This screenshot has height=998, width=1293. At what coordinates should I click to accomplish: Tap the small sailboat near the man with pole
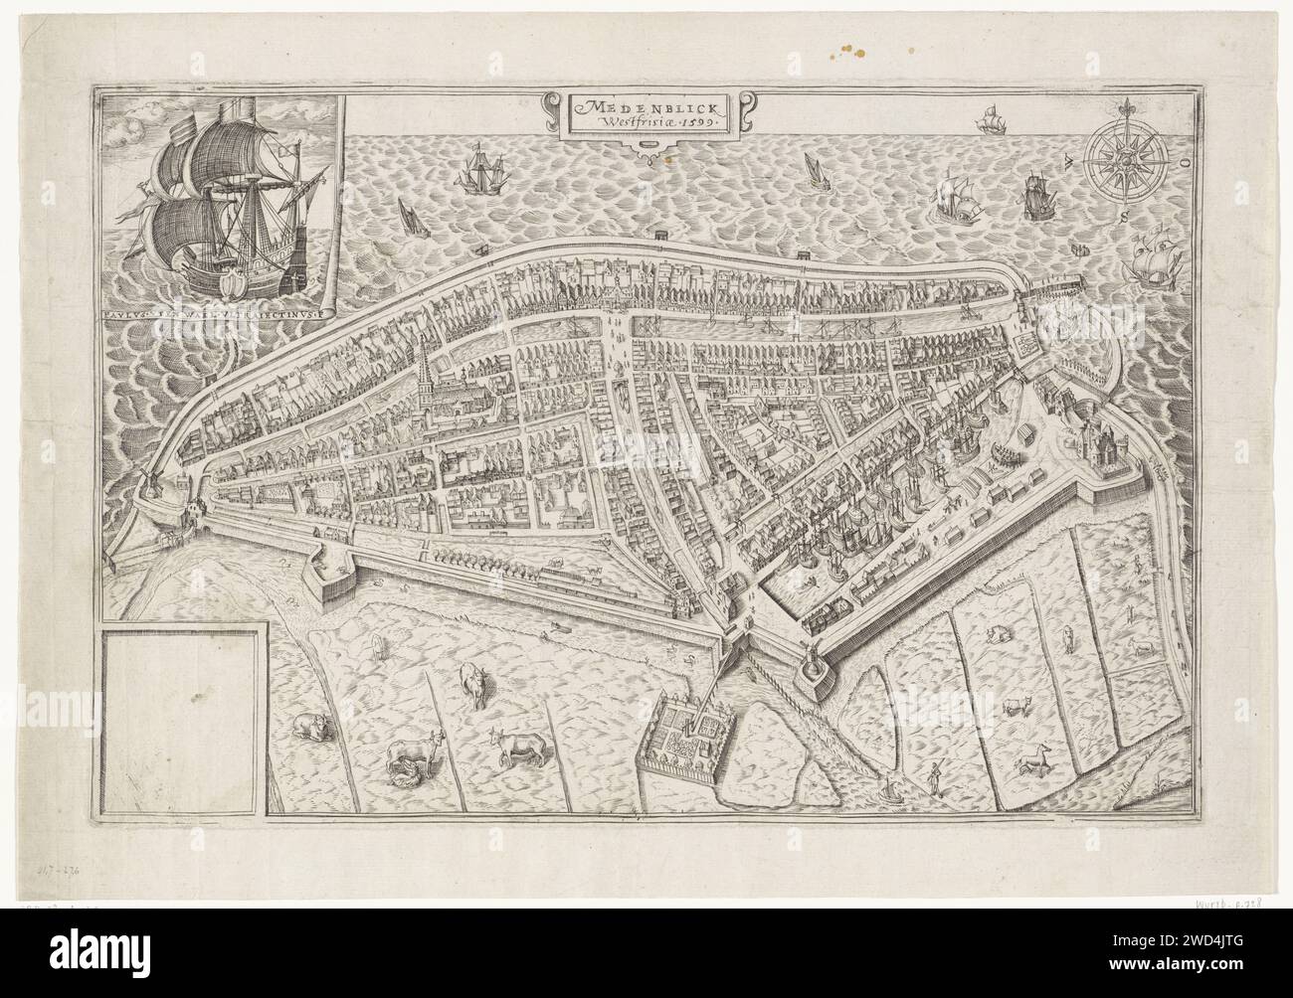pos(890,790)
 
